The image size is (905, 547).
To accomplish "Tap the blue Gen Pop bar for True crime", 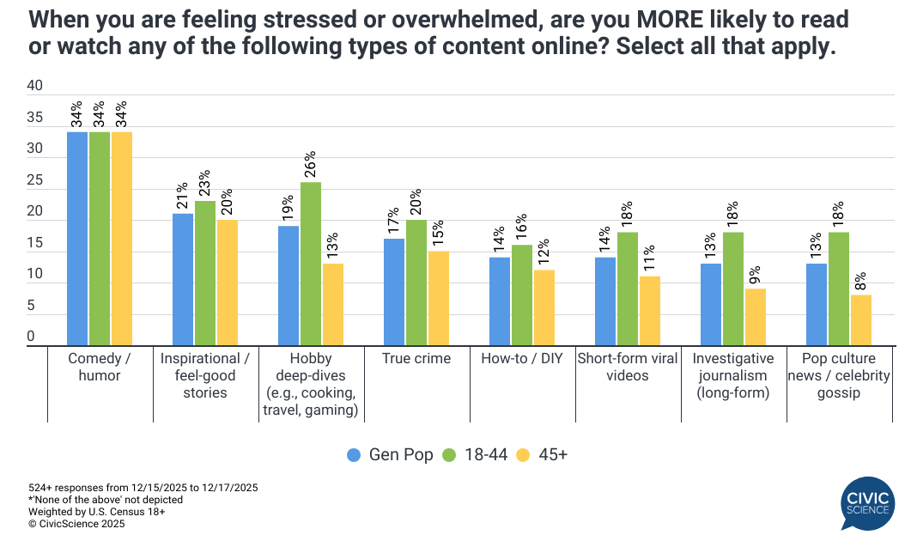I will click(x=393, y=293).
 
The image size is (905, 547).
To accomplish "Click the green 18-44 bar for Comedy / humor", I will click(x=100, y=240).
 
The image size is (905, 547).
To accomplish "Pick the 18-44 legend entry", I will click(x=475, y=455).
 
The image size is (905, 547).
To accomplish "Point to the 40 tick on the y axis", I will click(x=35, y=86).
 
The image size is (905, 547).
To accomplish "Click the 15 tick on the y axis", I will click(x=35, y=244).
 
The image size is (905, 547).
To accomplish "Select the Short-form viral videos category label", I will click(x=628, y=368).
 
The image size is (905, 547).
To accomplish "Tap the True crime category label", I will click(x=416, y=359).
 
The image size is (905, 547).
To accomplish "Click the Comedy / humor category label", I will click(x=100, y=368).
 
